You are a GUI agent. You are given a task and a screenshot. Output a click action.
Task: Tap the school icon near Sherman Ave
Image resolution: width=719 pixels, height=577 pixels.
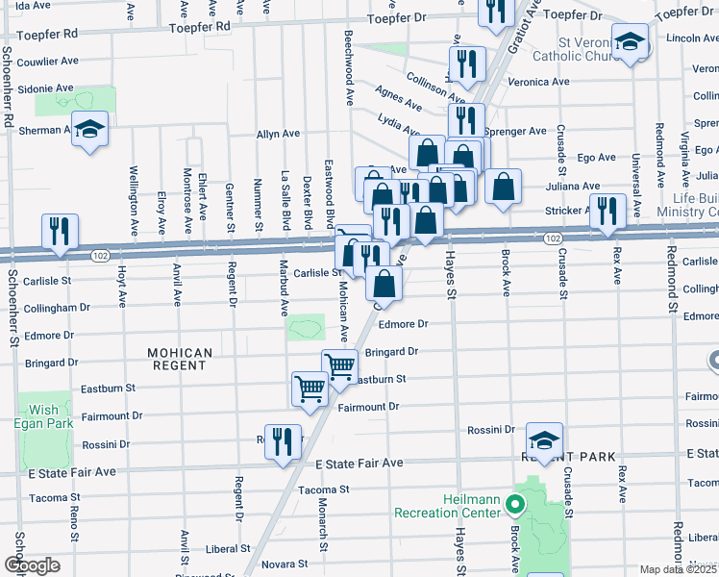click(x=89, y=129)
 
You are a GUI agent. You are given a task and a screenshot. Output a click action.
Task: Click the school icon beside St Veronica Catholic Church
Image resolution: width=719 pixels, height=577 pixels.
click(x=631, y=41)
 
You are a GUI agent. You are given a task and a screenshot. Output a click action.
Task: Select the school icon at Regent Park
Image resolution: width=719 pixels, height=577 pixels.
click(x=544, y=439)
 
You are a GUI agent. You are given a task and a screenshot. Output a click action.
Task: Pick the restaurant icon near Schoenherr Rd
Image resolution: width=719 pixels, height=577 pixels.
click(x=60, y=231)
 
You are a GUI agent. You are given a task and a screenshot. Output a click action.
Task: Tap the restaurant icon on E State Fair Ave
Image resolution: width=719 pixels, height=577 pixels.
click(x=282, y=442)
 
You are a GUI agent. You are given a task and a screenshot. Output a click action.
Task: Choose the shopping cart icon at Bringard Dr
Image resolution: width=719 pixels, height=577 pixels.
click(x=339, y=366)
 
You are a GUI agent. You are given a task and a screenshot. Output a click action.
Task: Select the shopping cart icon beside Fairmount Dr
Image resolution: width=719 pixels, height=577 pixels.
click(x=310, y=389)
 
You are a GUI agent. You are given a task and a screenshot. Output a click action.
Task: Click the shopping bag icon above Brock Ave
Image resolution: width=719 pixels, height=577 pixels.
click(x=502, y=187)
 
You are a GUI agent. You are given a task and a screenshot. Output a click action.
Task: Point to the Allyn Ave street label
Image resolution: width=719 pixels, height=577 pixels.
click(x=278, y=135)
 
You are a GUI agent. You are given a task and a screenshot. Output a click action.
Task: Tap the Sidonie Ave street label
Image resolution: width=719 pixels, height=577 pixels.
click(x=46, y=88)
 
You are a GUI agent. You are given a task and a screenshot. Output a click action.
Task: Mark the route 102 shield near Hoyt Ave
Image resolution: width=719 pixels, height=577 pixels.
click(x=99, y=255)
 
